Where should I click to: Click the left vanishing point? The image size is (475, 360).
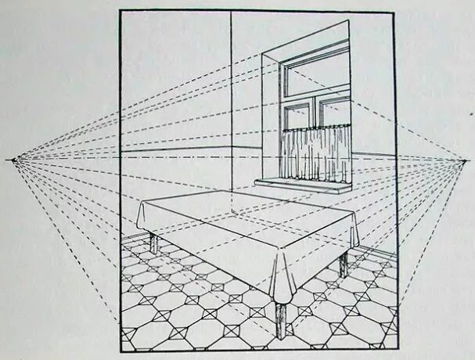pyautogui.click(x=13, y=160)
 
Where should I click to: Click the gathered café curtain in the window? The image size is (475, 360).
pyautogui.click(x=315, y=153)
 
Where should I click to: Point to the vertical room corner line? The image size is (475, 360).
pyautogui.click(x=231, y=94)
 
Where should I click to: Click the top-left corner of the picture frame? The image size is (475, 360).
pyautogui.click(x=121, y=10)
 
